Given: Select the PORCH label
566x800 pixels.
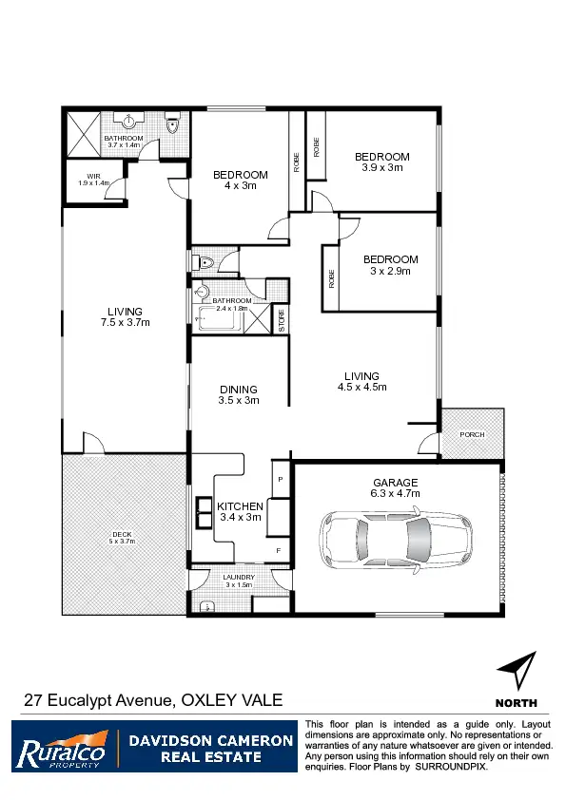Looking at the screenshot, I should [472, 434].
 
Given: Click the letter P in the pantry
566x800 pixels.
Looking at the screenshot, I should [280, 479].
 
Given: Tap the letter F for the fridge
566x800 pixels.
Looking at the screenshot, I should [279, 549].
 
